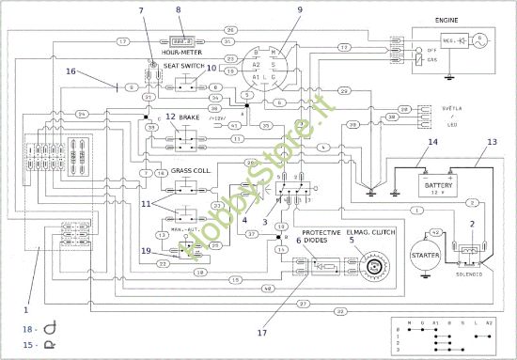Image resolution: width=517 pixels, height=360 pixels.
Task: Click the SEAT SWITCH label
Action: pos(183,67)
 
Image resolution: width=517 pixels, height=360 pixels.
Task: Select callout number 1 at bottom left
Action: pos(26,307)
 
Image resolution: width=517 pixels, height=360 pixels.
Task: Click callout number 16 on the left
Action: pos(70,70)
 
